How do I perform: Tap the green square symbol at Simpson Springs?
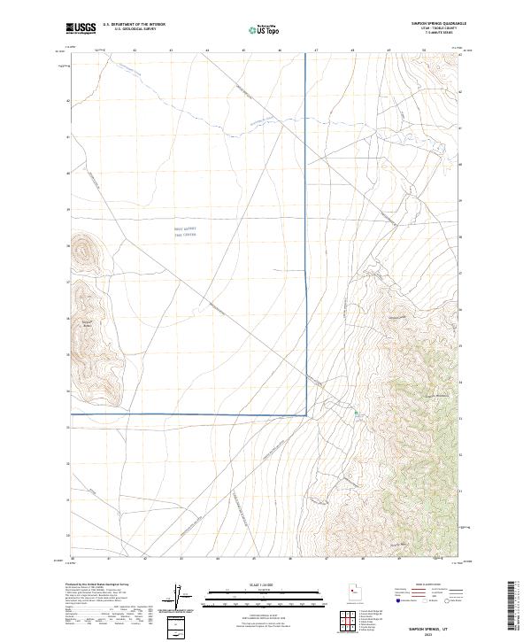click(x=358, y=413)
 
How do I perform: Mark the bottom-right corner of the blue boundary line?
click(x=306, y=414)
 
